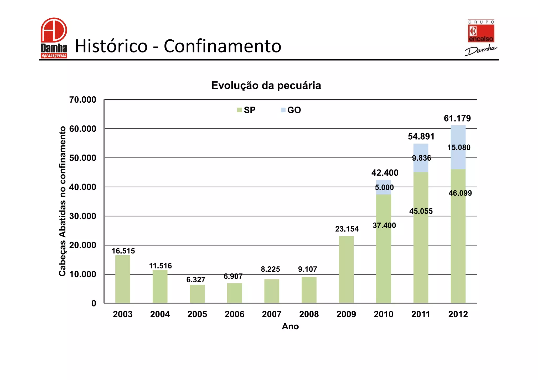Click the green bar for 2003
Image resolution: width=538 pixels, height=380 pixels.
pyautogui.click(x=123, y=279)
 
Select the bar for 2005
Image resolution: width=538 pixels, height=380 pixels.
pyautogui.click(x=197, y=294)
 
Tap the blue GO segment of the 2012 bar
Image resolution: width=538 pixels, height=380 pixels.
pyautogui.click(x=458, y=157)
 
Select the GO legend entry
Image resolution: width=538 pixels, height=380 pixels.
pyautogui.click(x=291, y=110)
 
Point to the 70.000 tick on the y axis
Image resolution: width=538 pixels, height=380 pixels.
pyautogui.click(x=83, y=100)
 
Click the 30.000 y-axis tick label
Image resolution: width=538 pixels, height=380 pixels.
pyautogui.click(x=83, y=216)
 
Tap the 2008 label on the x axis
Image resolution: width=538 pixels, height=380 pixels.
pyautogui.click(x=309, y=314)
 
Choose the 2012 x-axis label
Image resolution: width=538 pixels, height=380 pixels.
pyautogui.click(x=458, y=314)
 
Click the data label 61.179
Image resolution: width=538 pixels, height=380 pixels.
pyautogui.click(x=457, y=118)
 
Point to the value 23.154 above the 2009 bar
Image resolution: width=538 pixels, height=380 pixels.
pyautogui.click(x=346, y=229)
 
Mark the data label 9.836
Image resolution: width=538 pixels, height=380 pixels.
pyautogui.click(x=421, y=158)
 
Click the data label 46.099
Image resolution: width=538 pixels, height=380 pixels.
pyautogui.click(x=460, y=193)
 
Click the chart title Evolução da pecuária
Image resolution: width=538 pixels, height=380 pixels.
pyautogui.click(x=266, y=86)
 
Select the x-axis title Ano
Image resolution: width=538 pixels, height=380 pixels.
pyautogui.click(x=290, y=326)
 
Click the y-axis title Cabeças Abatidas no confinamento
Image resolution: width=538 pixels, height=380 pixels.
pyautogui.click(x=62, y=201)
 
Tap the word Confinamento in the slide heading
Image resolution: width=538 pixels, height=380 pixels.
pyautogui.click(x=222, y=46)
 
